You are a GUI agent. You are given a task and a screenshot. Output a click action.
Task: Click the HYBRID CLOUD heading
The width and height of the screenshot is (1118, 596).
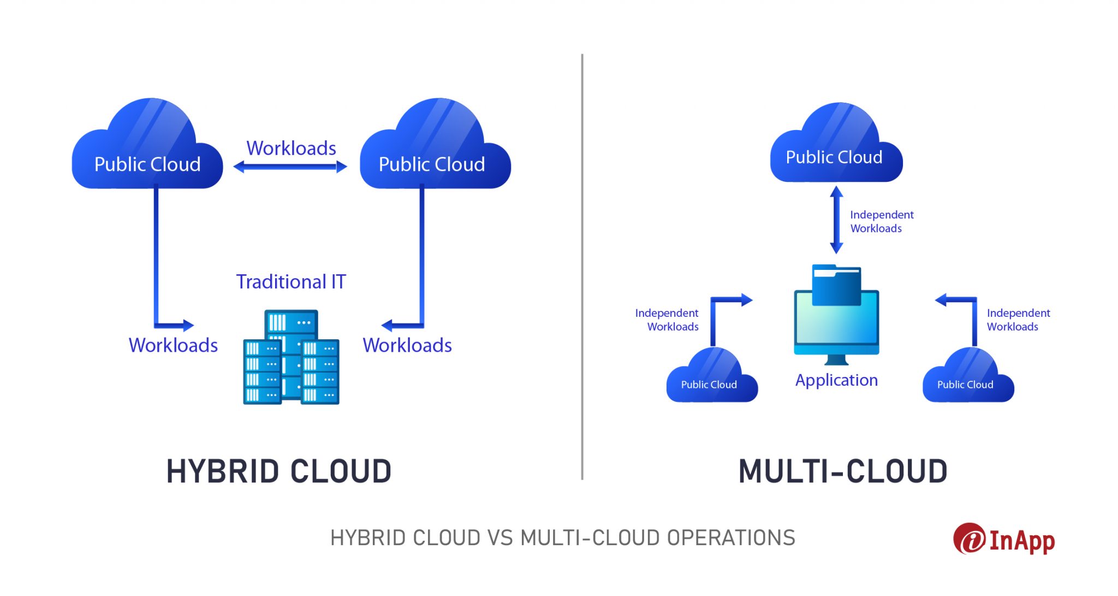pyautogui.click(x=279, y=471)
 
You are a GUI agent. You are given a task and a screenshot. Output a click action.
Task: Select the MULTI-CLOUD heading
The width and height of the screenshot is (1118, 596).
pyautogui.click(x=842, y=471)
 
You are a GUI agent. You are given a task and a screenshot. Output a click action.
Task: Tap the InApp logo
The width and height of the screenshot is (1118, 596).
pyautogui.click(x=1004, y=540)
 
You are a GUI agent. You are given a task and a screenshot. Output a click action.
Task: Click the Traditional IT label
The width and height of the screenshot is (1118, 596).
pyautogui.click(x=291, y=282)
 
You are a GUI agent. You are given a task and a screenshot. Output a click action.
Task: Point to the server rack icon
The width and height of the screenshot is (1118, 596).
pyautogui.click(x=291, y=358)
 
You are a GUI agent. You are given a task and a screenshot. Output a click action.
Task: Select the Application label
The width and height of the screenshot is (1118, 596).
pyautogui.click(x=836, y=380)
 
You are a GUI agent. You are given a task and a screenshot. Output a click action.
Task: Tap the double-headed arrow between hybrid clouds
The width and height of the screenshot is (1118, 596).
pyautogui.click(x=290, y=167)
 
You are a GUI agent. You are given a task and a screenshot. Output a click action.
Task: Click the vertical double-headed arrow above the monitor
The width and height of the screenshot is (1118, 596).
pyautogui.click(x=836, y=220)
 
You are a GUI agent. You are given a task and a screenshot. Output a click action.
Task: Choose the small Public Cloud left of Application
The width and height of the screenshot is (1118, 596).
pyautogui.click(x=711, y=380)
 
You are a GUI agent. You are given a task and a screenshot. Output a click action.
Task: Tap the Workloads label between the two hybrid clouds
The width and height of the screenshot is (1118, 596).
pyautogui.click(x=291, y=148)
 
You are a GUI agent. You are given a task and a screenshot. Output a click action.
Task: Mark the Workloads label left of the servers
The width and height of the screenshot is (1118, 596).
pyautogui.click(x=173, y=345)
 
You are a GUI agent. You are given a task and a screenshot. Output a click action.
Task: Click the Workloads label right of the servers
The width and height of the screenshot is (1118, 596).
pyautogui.click(x=407, y=345)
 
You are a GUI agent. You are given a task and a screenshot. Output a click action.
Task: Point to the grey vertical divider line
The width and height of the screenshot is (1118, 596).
pyautogui.click(x=582, y=268)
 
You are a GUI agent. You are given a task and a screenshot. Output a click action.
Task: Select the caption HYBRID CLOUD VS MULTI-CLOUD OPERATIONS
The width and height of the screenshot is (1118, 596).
pyautogui.click(x=562, y=538)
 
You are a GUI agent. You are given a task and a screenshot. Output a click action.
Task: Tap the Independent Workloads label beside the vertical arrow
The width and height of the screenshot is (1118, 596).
pyautogui.click(x=881, y=221)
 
